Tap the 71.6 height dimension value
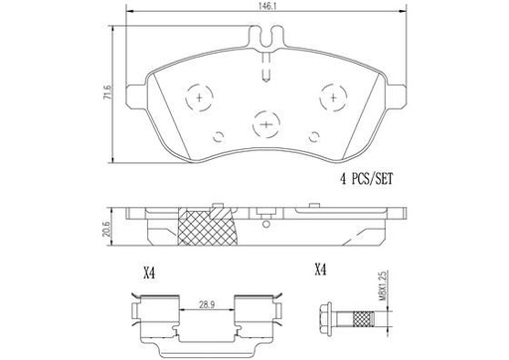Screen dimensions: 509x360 pos(106,92)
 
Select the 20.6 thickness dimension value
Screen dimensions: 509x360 pos(106,229)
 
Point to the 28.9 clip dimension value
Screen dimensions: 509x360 pos(207,304)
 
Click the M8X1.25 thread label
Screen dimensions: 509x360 pos(384,285)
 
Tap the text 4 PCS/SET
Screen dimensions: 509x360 pos(367,179)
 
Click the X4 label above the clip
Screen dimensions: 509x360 pos(149,273)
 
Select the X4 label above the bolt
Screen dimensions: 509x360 pos(320,270)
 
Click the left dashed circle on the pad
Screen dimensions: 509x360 pos(199,97)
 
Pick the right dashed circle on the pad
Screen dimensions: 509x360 pos(333,97)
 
